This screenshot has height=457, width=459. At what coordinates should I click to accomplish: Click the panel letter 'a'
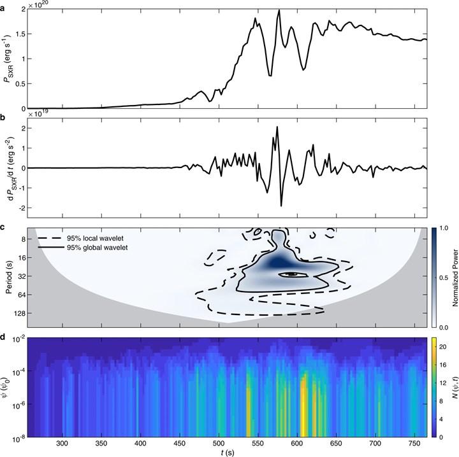click(x=4, y=4)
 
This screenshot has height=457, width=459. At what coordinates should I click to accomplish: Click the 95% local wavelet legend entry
click(x=89, y=238)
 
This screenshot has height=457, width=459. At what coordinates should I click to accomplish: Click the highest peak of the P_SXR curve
click(x=279, y=11)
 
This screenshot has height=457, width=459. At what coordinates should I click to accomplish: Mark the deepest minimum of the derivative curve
click(x=281, y=206)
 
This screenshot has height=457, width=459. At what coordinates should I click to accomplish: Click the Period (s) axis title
click(x=6, y=276)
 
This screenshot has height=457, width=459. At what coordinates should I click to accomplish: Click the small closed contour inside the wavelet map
click(x=291, y=274)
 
